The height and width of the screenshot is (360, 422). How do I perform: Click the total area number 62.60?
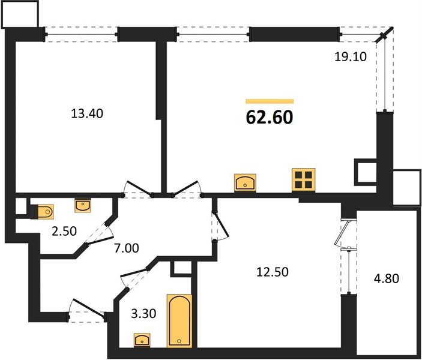pyautogui.click(x=270, y=118)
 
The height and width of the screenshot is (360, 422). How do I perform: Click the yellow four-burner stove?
pyautogui.click(x=304, y=180)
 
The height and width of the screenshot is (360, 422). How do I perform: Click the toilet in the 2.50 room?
pyautogui.click(x=44, y=211)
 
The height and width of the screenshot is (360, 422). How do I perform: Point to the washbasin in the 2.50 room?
pyautogui.click(x=83, y=206)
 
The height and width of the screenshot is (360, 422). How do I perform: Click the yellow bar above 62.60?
pyautogui.click(x=270, y=101)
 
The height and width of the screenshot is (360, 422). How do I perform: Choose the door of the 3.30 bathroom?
pyautogui.click(x=133, y=278)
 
